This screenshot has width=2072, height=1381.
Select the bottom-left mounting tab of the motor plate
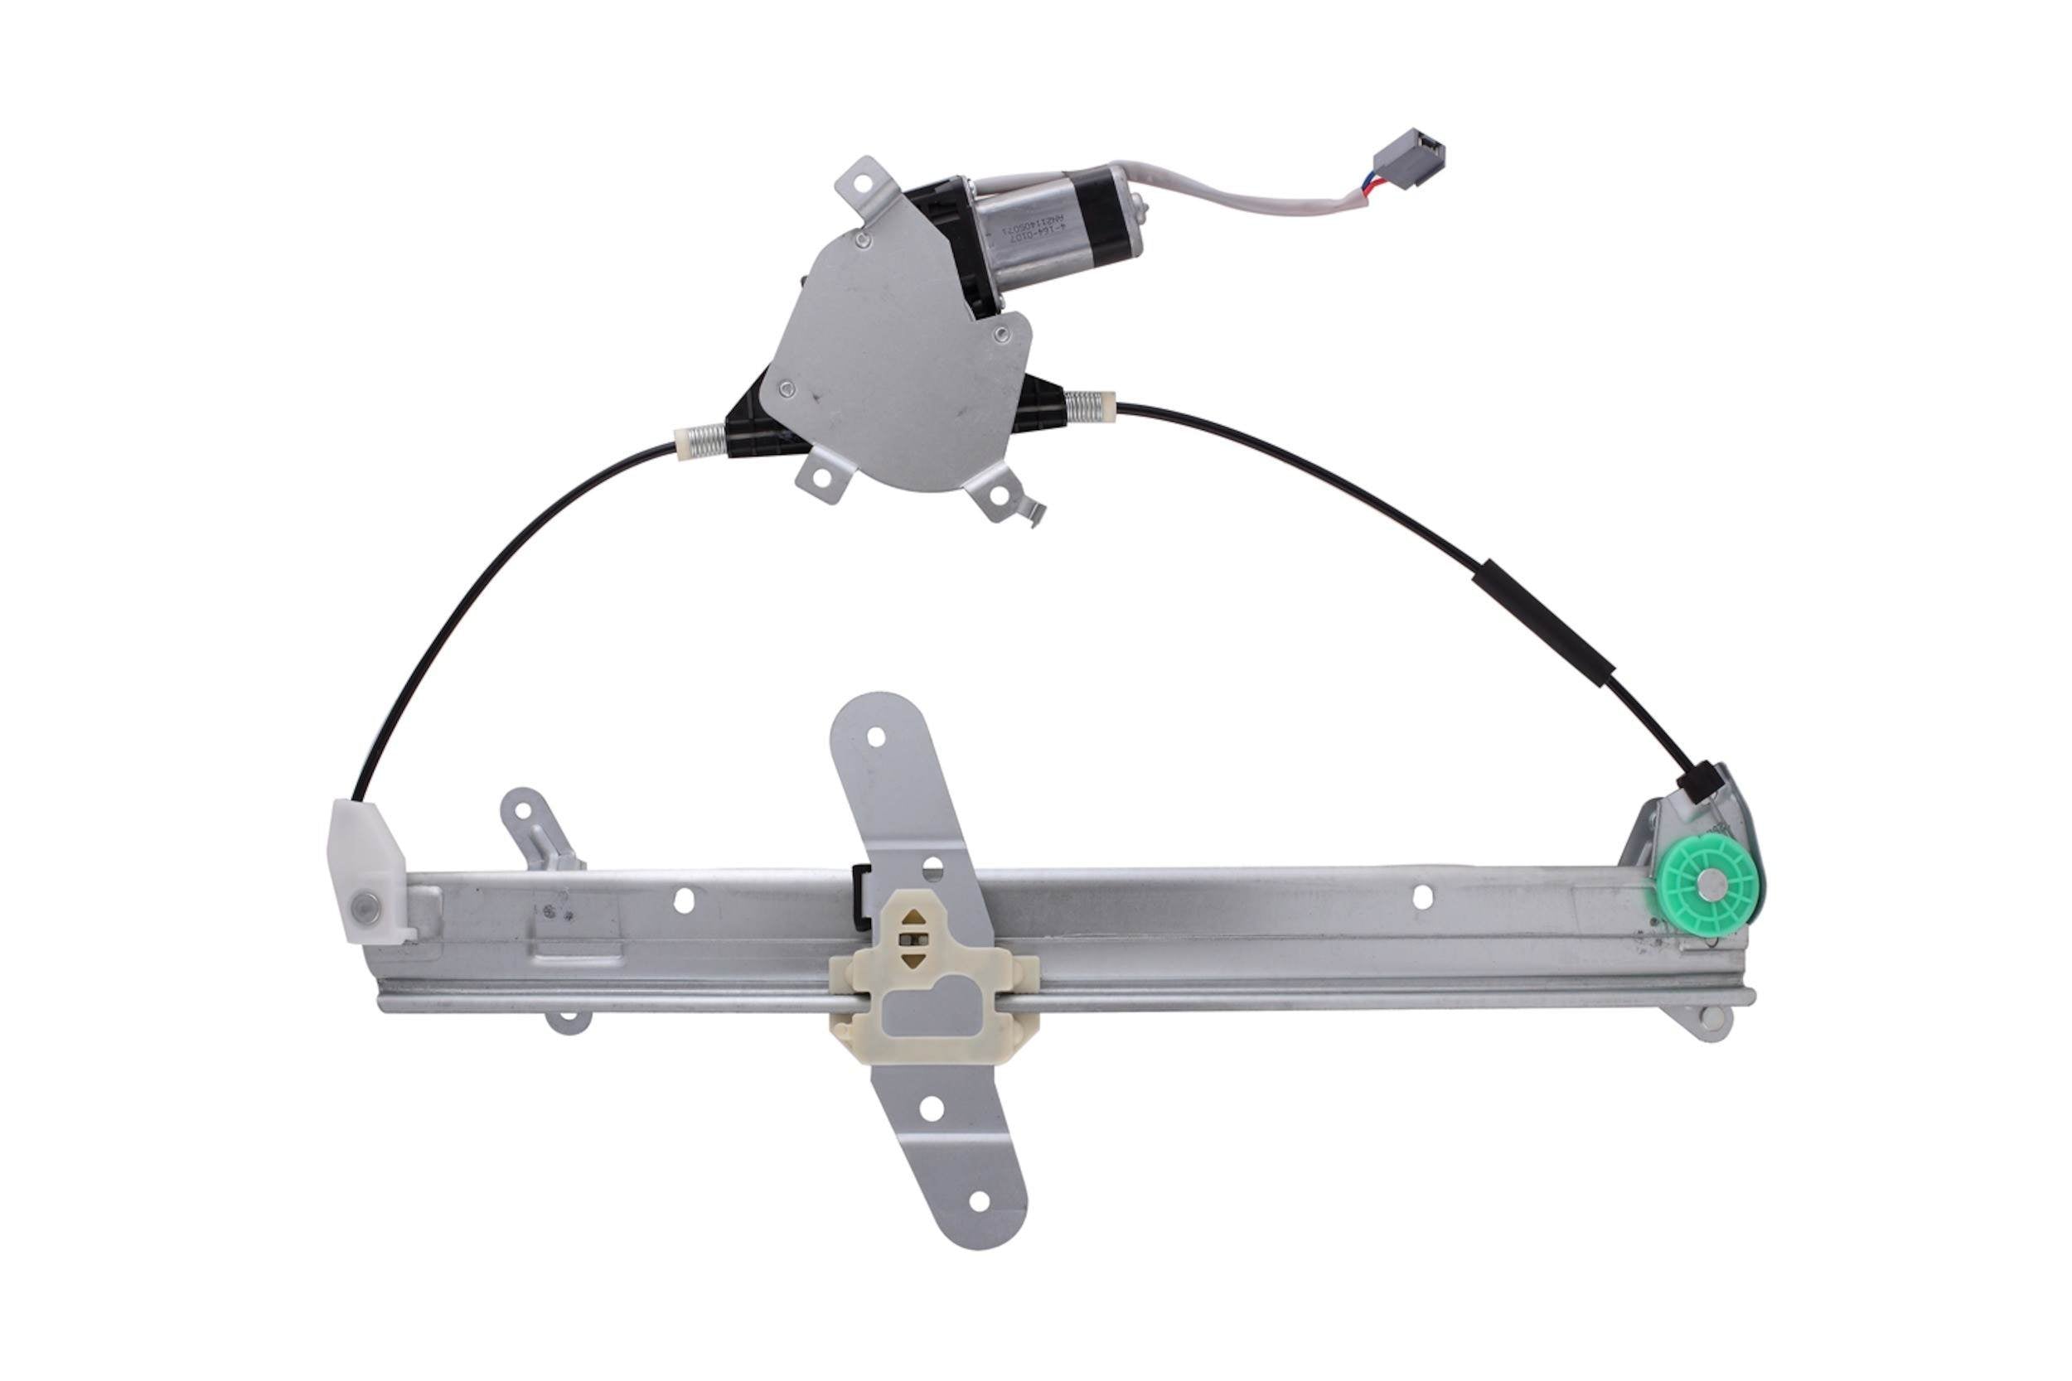[821, 476]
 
